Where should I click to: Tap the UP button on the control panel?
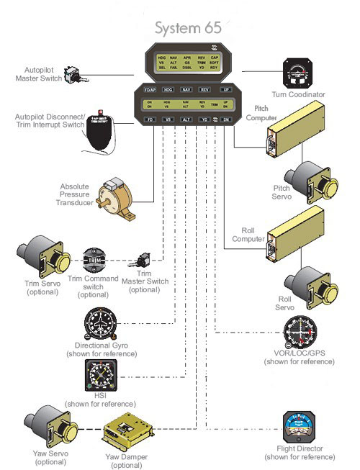click(227, 90)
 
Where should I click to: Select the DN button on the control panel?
click(227, 119)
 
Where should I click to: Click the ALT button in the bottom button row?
click(186, 119)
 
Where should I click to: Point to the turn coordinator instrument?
click(295, 73)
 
